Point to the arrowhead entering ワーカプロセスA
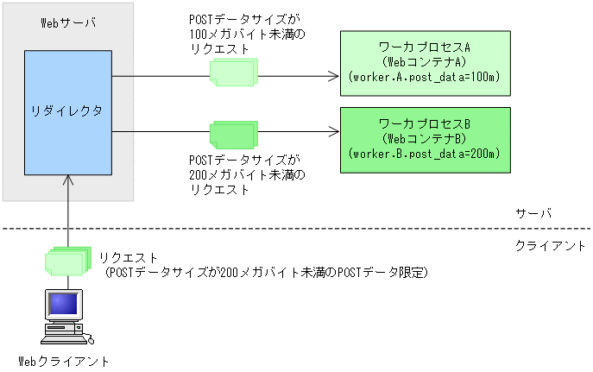coord(334,76)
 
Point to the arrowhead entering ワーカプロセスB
coord(334,132)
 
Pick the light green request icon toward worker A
coord(232,73)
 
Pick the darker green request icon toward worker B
coord(232,134)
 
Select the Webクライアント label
coord(64,361)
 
